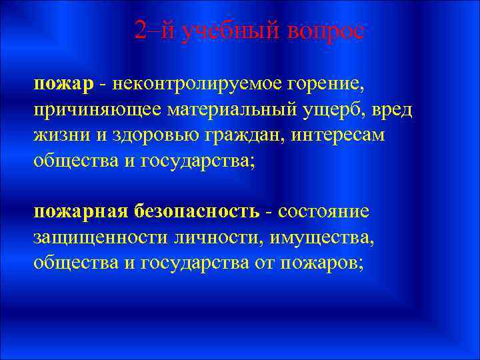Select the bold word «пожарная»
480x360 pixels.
point(80,211)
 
